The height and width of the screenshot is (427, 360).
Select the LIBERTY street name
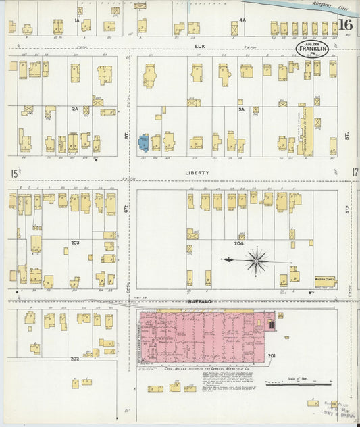[197, 173]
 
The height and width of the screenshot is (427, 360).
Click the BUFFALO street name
[200, 301]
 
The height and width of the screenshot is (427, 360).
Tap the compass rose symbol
[257, 260]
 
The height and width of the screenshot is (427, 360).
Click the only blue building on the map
[144, 142]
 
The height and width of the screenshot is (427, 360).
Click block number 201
[272, 355]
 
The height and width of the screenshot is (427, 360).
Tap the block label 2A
[75, 108]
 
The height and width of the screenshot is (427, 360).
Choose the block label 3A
[240, 108]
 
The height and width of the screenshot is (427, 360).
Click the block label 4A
[242, 20]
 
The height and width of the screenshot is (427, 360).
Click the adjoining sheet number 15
[14, 174]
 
